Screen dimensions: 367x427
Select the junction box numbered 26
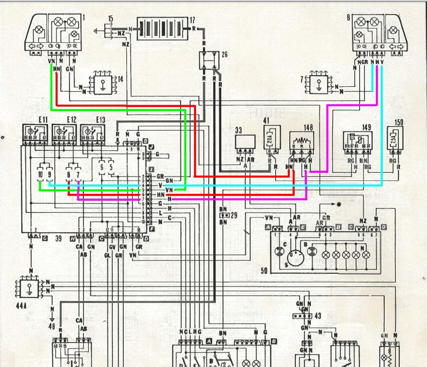click(209, 60)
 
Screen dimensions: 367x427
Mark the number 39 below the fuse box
click(58, 239)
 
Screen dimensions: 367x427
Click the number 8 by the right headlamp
click(348, 18)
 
